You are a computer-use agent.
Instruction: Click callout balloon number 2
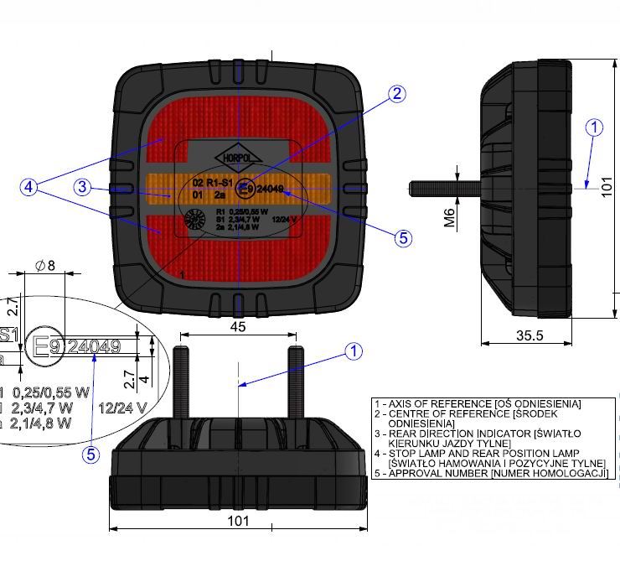click(396, 95)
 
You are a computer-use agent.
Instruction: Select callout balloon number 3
click(81, 187)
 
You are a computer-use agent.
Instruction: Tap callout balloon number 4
click(30, 188)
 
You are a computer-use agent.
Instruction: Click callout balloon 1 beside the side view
click(594, 127)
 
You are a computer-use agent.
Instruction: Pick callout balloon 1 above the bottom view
click(354, 351)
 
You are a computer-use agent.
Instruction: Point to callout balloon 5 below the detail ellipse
click(91, 455)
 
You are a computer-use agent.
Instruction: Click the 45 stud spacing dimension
click(238, 327)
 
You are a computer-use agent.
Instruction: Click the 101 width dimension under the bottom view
click(239, 521)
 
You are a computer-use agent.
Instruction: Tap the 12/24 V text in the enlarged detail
click(122, 408)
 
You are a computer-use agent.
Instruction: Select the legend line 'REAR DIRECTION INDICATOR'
click(489, 434)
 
